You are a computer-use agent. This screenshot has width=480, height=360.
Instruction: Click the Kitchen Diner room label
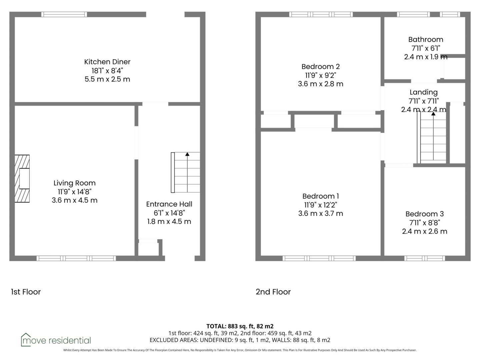click(107, 62)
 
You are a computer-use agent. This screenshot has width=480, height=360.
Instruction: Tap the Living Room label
click(75, 183)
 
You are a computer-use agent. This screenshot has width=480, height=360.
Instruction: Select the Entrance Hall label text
click(169, 204)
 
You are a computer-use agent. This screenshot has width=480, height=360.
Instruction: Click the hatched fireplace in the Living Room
click(22, 179)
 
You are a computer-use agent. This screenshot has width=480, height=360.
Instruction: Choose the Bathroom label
click(426, 40)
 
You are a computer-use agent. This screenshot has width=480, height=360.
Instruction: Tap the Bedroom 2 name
click(320, 67)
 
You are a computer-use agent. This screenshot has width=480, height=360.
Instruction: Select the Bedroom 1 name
click(320, 196)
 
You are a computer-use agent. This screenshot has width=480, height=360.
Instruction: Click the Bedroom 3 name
click(424, 214)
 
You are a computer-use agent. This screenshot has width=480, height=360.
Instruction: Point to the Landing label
click(424, 93)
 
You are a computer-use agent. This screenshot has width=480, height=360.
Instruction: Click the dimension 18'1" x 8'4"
click(107, 71)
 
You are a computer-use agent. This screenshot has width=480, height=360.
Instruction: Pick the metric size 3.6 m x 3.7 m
click(320, 214)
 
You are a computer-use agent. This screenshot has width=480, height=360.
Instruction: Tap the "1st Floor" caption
click(26, 292)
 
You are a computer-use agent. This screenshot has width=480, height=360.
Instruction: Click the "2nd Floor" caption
click(273, 292)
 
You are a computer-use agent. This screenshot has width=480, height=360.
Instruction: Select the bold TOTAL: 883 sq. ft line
click(240, 326)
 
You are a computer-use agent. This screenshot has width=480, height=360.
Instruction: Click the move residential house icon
click(26, 340)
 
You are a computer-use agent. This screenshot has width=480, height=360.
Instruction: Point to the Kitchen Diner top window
click(64, 14)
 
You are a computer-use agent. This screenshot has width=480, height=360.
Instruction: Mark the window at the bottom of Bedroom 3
click(424, 258)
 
